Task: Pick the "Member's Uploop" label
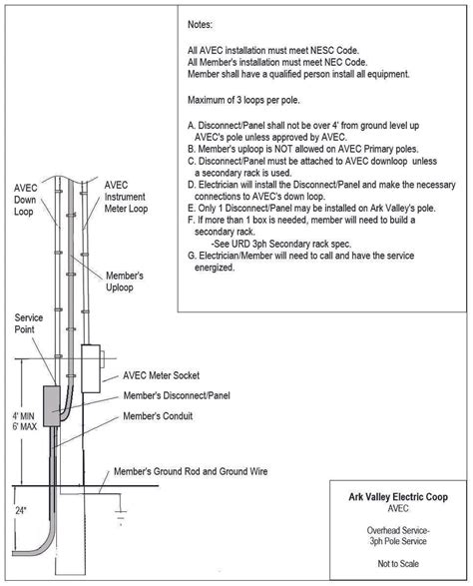(125, 281)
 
